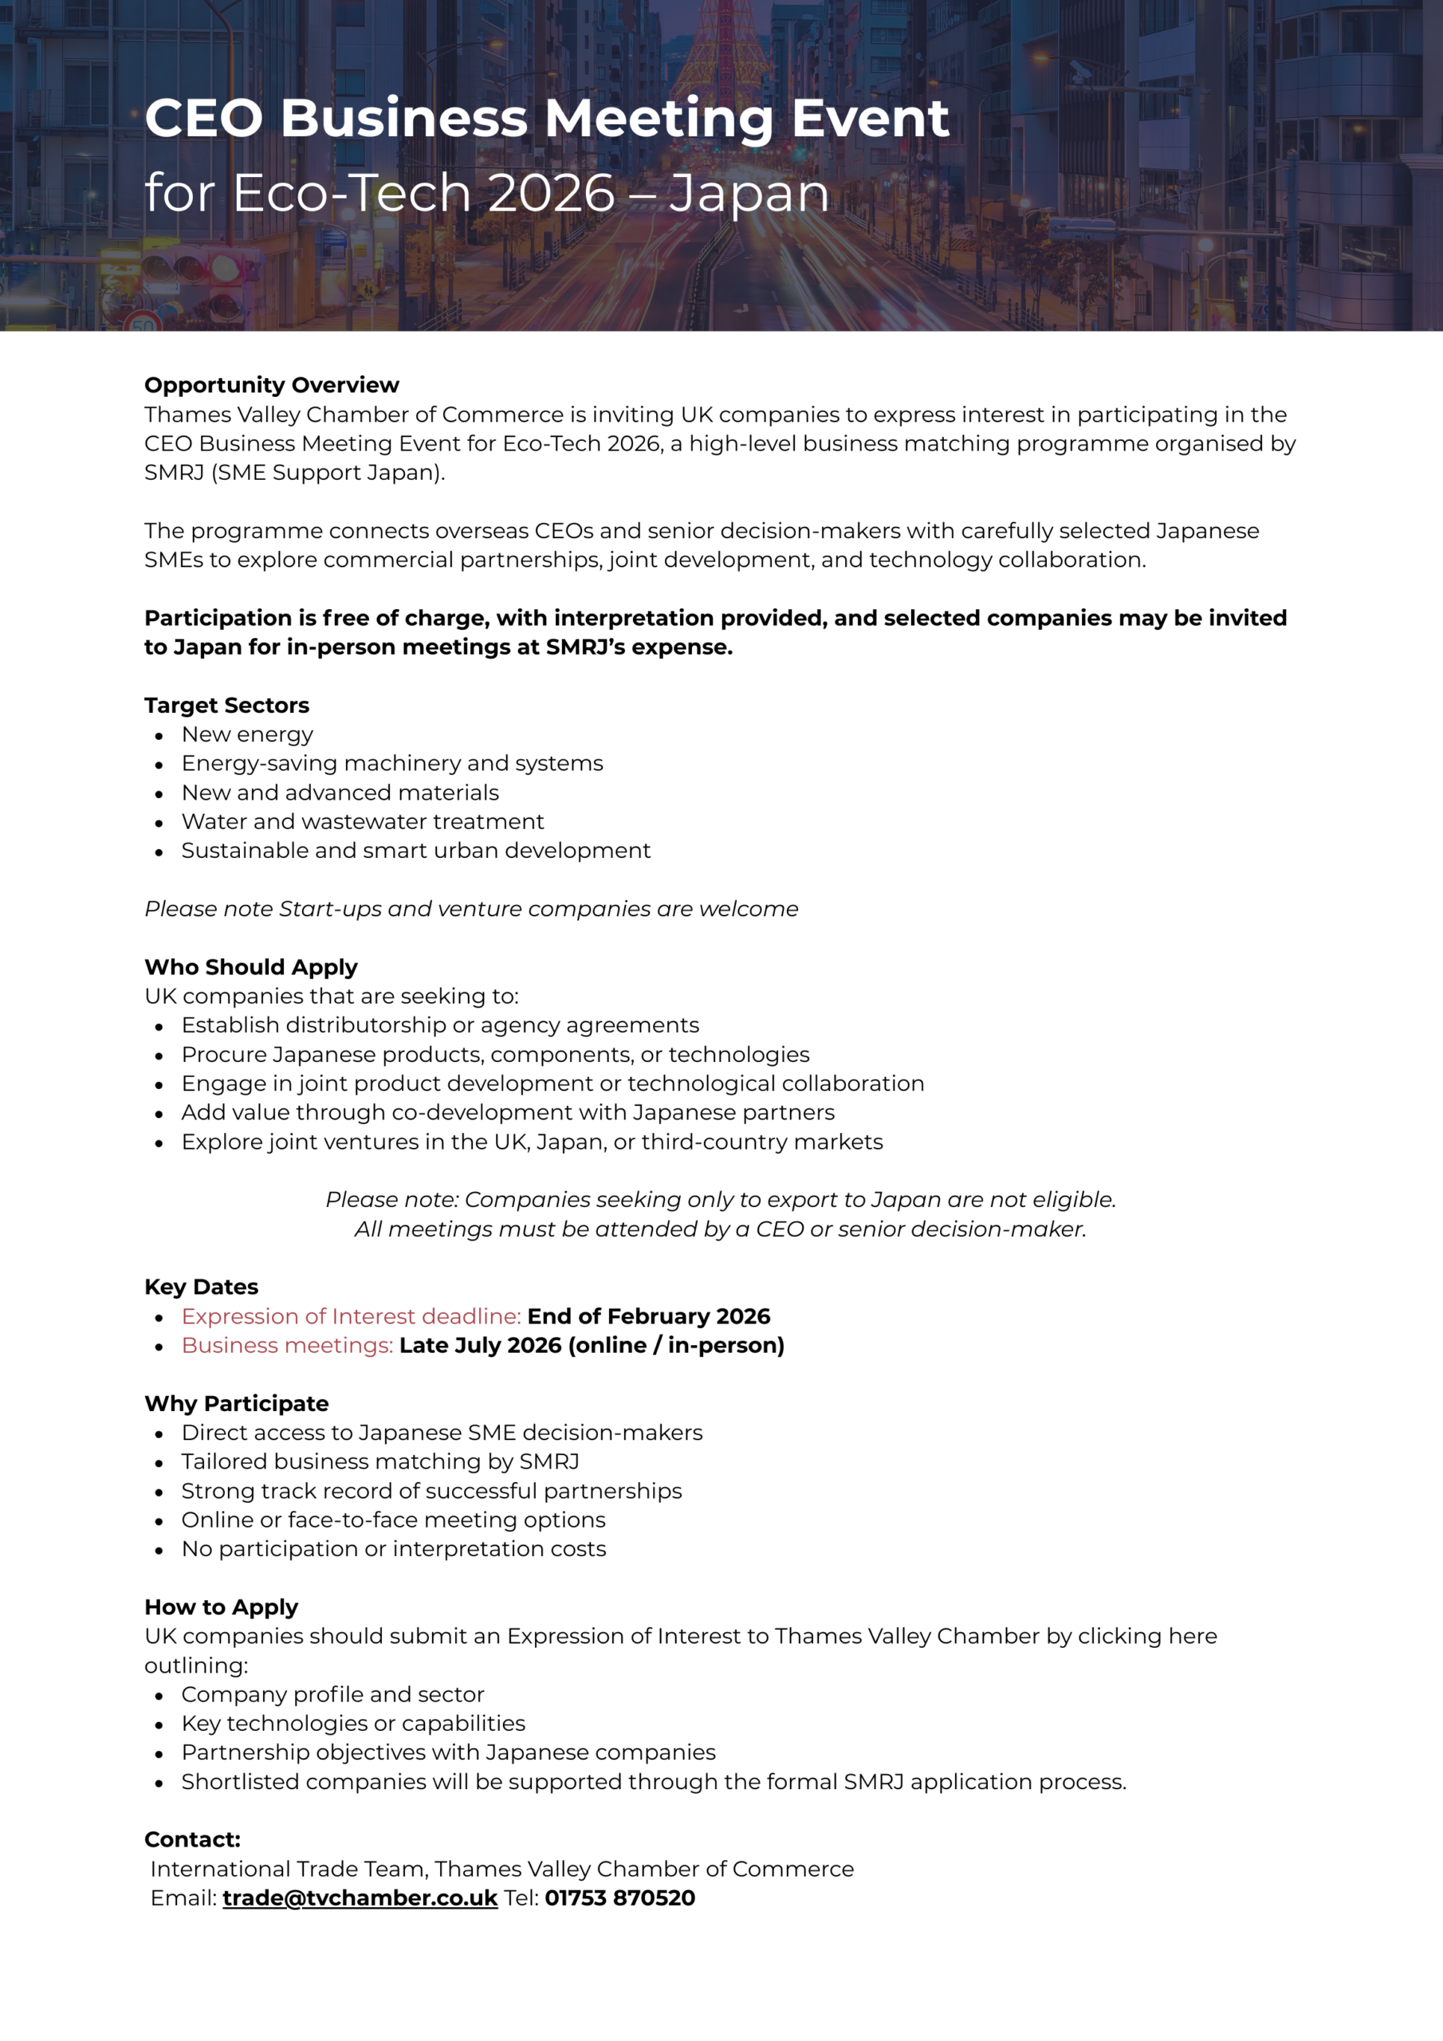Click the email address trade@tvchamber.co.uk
[x=360, y=1897]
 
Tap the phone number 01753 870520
[x=619, y=1897]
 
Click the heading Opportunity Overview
[x=271, y=385]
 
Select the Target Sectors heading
[x=226, y=705]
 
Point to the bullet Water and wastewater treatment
[x=362, y=821]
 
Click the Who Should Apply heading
[x=250, y=967]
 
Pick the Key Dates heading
[x=201, y=1287]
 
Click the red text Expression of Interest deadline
[x=352, y=1316]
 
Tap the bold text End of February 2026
[x=648, y=1316]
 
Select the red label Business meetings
[x=287, y=1346]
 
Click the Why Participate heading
[x=237, y=1404]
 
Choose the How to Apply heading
[x=222, y=1607]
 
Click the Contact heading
[x=192, y=1839]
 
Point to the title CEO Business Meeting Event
[x=547, y=118]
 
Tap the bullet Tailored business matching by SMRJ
[x=379, y=1461]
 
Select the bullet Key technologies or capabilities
[x=353, y=1724]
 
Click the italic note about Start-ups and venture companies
[x=471, y=909]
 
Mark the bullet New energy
[x=247, y=734]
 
